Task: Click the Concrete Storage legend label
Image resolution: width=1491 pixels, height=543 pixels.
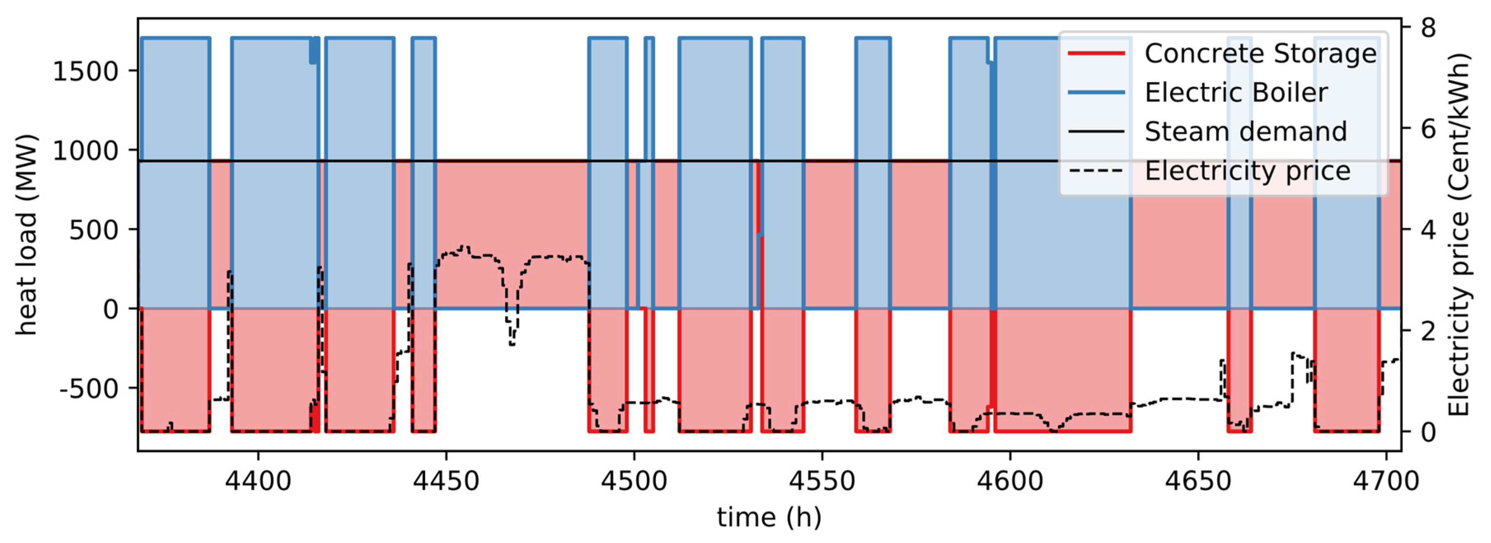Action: pos(1260,54)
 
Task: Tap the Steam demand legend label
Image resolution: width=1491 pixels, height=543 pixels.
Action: pos(1245,132)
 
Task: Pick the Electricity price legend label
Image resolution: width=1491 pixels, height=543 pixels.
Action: pos(1248,171)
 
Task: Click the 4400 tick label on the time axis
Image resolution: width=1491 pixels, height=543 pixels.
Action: pos(258,481)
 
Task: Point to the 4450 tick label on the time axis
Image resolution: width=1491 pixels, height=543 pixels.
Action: pos(446,481)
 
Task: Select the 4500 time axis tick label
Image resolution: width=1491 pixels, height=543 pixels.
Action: pos(634,481)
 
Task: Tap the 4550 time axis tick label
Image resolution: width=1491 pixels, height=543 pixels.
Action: pos(822,481)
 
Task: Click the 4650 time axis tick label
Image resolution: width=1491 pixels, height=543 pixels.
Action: pos(1198,481)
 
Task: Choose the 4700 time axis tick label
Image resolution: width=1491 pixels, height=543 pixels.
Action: pos(1386,481)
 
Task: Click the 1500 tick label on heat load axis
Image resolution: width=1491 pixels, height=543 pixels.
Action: pos(86,72)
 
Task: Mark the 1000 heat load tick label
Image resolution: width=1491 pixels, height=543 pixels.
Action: pos(86,151)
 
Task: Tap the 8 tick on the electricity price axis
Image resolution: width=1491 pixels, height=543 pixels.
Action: pos(1428,28)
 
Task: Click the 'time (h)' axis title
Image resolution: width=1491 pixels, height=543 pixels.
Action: pos(769,517)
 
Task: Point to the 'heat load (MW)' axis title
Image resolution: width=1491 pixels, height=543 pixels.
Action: pos(26,234)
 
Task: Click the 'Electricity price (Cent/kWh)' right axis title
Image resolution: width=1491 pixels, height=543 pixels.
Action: pos(1458,234)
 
